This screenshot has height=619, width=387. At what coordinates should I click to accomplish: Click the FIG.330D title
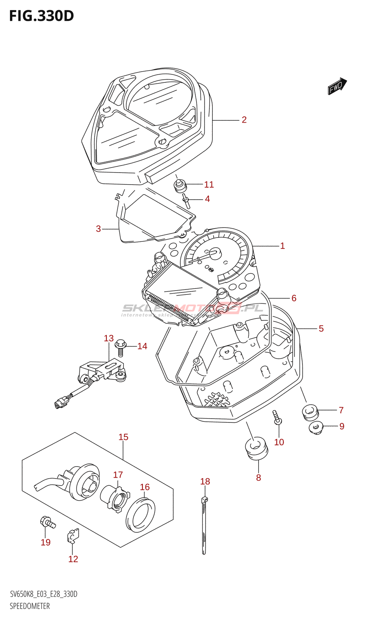[x=41, y=16]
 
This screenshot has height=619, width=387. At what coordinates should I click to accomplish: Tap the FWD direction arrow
[x=337, y=86]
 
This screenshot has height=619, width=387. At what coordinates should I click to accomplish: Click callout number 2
[x=244, y=120]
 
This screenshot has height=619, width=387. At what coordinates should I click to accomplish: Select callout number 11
[x=209, y=185]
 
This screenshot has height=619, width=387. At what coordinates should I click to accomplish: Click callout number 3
[x=98, y=229]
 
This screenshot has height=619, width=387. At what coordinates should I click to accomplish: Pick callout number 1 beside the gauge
[x=283, y=246]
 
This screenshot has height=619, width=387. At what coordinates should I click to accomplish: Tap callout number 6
[x=294, y=298]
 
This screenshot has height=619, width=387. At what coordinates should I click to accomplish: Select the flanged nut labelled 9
[x=316, y=427]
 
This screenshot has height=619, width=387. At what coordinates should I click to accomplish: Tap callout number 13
[x=109, y=339]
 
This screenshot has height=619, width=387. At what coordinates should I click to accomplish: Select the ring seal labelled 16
[x=141, y=515]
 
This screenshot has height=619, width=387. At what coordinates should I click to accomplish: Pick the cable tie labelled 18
[x=204, y=526]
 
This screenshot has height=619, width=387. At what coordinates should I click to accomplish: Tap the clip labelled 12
[x=73, y=535]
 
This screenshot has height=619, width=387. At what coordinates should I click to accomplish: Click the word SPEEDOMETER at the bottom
[x=30, y=606]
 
